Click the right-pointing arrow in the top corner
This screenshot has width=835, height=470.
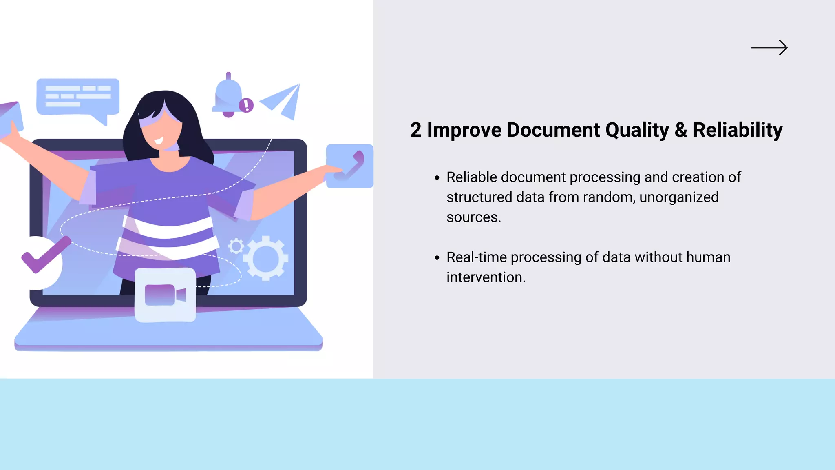tap(769, 48)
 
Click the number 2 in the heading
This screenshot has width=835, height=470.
tap(415, 130)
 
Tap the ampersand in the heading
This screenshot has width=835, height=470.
tap(680, 130)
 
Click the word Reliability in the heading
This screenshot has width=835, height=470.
tap(738, 130)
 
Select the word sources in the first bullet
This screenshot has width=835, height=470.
tap(472, 217)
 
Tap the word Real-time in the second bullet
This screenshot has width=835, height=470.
tap(476, 257)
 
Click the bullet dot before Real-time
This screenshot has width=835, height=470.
tap(437, 258)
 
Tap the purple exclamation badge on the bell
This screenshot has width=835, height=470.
tap(246, 105)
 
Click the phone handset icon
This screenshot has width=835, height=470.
tap(350, 166)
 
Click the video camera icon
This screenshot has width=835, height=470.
tap(165, 295)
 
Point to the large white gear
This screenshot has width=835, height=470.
tap(266, 258)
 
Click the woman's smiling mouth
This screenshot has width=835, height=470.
tap(158, 141)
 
